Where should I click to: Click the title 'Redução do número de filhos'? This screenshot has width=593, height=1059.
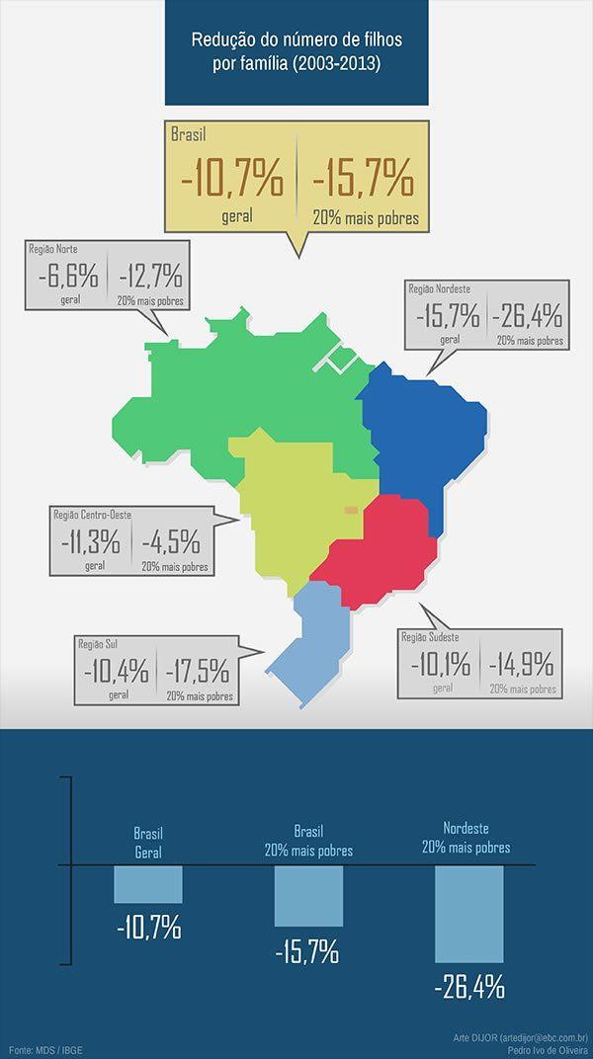[x=296, y=41]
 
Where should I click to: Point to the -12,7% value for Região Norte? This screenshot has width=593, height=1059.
[x=149, y=275]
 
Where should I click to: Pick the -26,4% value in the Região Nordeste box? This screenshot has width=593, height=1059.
[x=530, y=316]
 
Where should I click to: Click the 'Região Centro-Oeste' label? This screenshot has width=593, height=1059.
[x=92, y=515]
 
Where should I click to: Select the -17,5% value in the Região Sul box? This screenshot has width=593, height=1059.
[x=198, y=671]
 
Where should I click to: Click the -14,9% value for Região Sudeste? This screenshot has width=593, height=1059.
[x=522, y=665]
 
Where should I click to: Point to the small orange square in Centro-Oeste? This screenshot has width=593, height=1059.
[x=351, y=510]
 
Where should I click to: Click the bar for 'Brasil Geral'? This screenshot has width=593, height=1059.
[x=148, y=884]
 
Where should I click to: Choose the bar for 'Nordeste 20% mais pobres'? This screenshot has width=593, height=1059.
[x=468, y=914]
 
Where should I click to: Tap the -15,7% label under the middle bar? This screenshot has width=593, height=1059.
[x=308, y=952]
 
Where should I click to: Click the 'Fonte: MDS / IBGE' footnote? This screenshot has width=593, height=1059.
[x=43, y=1049]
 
